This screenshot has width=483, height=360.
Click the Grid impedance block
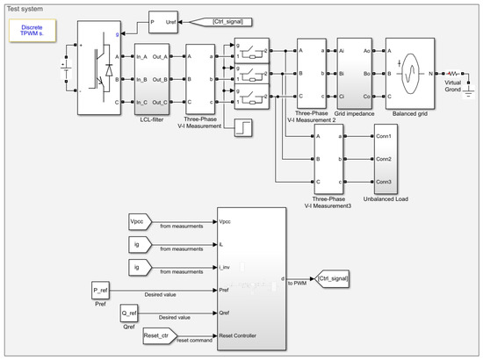coord(354,76)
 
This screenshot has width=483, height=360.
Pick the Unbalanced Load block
coord(386,159)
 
